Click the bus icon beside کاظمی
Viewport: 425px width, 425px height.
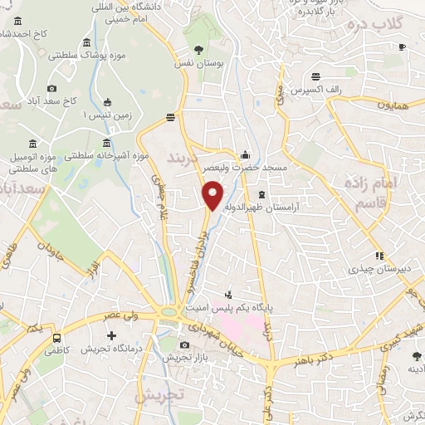pos(56,338)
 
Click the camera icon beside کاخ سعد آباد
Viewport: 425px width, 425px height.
pos(52,89)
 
